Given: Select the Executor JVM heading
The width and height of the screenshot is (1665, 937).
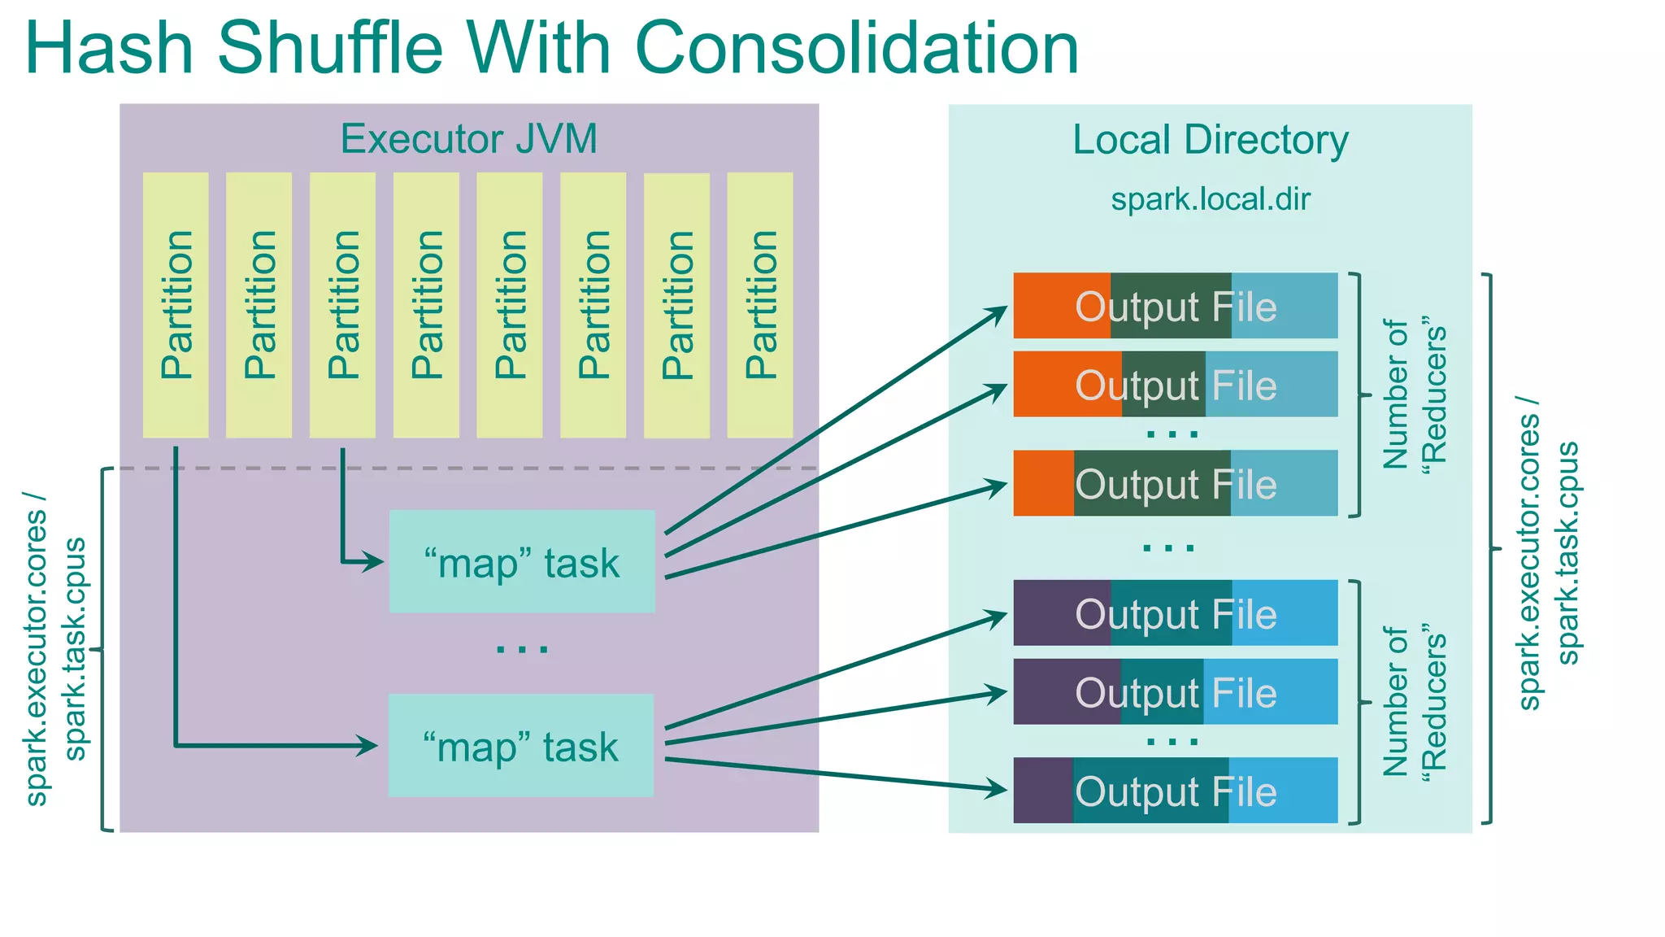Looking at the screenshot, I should (x=468, y=139).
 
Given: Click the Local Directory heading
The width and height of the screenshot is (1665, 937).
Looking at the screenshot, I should (x=1210, y=140).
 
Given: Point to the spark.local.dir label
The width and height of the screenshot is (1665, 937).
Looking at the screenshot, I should (x=1210, y=199).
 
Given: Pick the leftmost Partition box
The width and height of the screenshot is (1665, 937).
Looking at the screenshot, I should (x=176, y=305).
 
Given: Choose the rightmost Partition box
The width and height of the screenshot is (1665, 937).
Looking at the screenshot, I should (x=760, y=305).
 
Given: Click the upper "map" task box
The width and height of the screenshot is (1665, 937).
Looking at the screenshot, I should (x=522, y=562).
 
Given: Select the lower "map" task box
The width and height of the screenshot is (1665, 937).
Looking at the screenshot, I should (x=521, y=746).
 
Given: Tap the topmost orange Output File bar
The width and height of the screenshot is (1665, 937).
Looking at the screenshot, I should (x=1175, y=307).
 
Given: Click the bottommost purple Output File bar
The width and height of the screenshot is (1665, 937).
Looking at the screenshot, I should (x=1175, y=791).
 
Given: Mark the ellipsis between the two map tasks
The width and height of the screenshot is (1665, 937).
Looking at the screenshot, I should (x=522, y=649).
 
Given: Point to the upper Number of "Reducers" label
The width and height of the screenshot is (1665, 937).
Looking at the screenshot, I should (x=1414, y=394).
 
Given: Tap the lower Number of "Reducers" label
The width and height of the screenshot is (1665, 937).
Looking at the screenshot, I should (x=1414, y=701).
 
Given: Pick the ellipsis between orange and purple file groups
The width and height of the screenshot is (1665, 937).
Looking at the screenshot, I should (x=1169, y=548).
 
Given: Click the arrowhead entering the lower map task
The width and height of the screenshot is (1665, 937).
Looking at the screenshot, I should (x=367, y=745).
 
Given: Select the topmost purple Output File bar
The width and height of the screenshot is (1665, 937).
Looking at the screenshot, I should (x=1175, y=613).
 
